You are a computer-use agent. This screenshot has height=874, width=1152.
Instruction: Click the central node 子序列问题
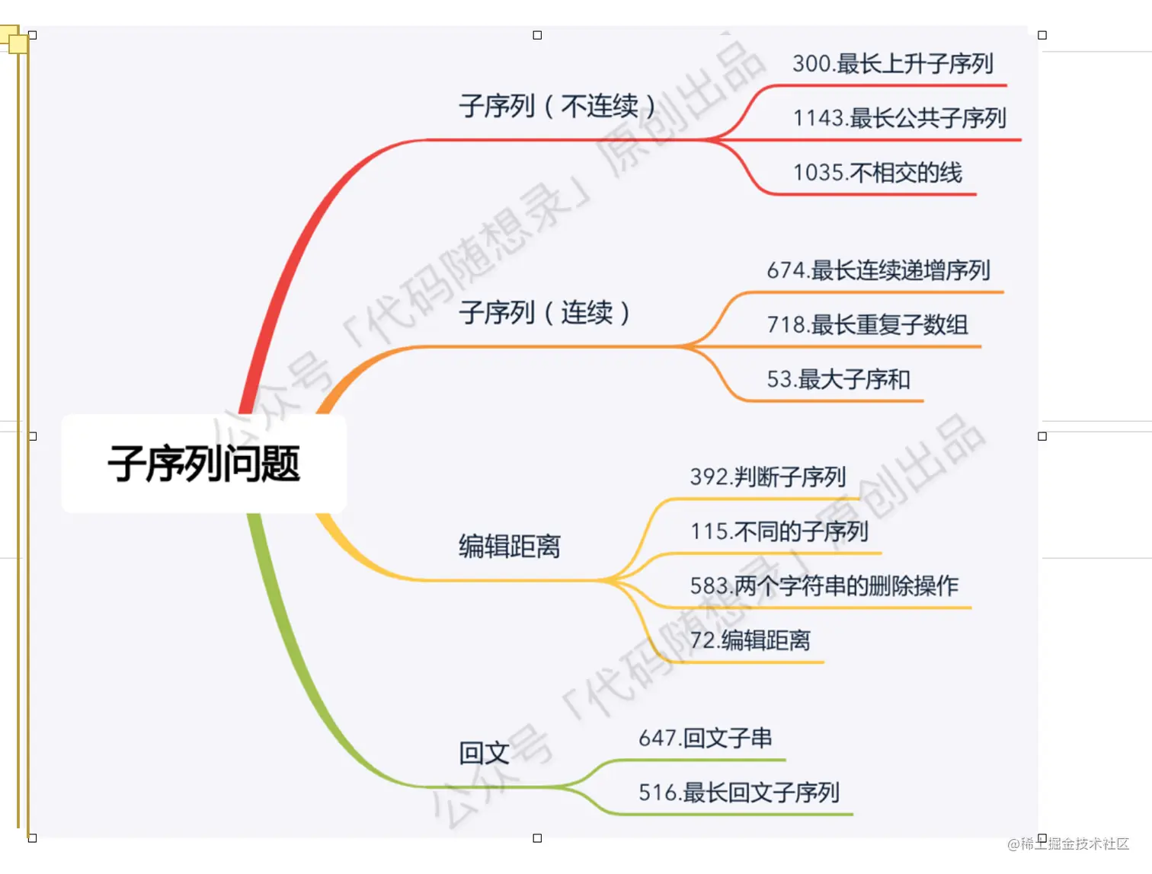tap(204, 464)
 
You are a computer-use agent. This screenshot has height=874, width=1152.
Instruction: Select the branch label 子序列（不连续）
tap(557, 106)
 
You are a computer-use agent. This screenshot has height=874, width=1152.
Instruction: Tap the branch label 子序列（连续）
tap(545, 312)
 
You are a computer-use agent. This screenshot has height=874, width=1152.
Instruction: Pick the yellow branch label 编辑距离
tap(510, 546)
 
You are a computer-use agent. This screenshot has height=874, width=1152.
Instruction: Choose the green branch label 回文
tap(484, 753)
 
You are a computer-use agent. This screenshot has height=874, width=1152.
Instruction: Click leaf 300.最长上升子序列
tap(892, 63)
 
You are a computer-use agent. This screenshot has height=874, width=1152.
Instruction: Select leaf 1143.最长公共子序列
tap(899, 118)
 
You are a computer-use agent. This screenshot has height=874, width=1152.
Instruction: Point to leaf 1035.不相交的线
tap(877, 173)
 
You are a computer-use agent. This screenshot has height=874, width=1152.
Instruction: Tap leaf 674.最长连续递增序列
tap(878, 270)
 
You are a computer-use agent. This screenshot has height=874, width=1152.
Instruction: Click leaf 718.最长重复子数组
tap(867, 325)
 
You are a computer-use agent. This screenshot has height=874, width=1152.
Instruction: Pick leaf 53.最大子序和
tap(838, 379)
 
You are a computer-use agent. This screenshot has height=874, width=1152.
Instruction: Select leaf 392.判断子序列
tap(768, 477)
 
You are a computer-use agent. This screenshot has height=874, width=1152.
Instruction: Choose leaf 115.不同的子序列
tap(779, 531)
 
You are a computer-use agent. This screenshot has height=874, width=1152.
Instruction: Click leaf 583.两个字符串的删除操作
tap(824, 585)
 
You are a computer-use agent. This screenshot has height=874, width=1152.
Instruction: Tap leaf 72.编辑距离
tap(750, 640)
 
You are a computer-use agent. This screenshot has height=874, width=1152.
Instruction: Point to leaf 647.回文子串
tap(705, 738)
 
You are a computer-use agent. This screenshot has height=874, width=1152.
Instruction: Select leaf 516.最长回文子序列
tap(738, 793)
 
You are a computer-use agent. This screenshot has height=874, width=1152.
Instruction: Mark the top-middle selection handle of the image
tap(537, 35)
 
